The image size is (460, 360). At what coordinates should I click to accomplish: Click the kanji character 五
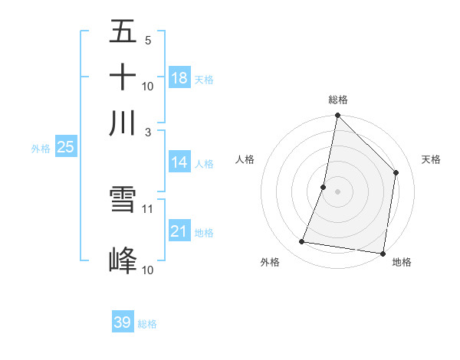click(x=123, y=32)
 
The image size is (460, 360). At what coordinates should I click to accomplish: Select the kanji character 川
click(x=123, y=123)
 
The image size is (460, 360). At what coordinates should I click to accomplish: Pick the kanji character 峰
click(x=123, y=261)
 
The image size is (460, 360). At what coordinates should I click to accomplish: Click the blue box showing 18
click(x=179, y=78)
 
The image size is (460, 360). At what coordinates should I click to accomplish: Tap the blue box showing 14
click(x=179, y=162)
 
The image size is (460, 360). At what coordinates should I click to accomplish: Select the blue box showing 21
click(x=179, y=231)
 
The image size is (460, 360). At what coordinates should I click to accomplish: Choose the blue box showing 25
click(x=65, y=147)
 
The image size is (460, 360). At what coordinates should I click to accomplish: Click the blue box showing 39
click(x=122, y=322)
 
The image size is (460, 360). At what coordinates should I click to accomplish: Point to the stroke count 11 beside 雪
click(x=148, y=208)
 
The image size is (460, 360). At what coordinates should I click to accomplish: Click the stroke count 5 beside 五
click(x=148, y=40)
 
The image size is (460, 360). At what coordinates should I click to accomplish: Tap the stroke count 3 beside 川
click(x=148, y=131)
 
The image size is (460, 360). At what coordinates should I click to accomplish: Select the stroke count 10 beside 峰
click(x=148, y=270)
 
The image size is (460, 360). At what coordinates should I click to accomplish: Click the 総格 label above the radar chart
click(x=337, y=100)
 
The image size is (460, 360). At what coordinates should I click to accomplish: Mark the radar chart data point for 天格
click(x=396, y=172)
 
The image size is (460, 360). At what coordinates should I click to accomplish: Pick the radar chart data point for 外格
click(x=302, y=242)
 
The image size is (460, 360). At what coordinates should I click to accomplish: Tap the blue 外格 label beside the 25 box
click(x=41, y=149)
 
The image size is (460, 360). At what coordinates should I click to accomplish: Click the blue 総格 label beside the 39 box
click(x=147, y=324)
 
